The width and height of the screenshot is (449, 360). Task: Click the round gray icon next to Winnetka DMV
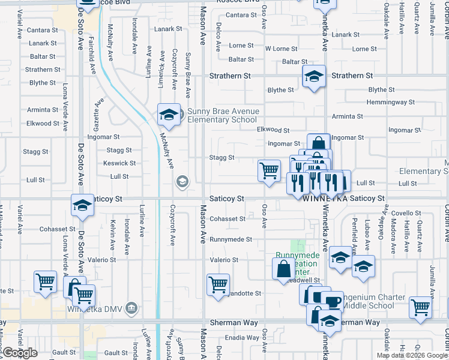click(x=133, y=309)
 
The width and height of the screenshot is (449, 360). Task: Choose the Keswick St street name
click(x=119, y=163)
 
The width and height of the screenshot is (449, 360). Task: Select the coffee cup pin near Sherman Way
click(x=331, y=300)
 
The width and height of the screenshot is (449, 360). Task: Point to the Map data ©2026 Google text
click(x=412, y=355)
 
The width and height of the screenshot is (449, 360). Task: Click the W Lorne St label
click(x=281, y=49)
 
